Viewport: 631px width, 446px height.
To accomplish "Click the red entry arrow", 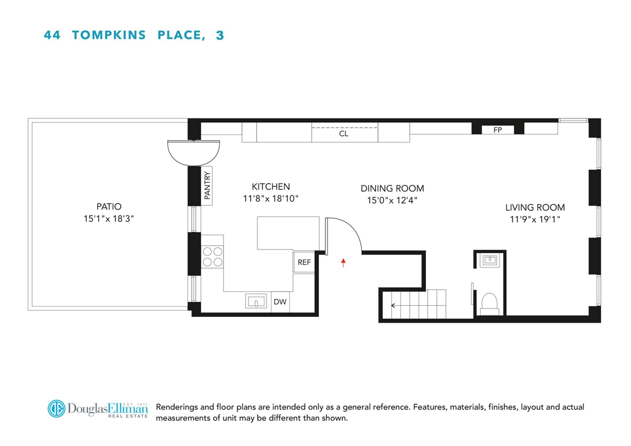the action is tap(343, 263).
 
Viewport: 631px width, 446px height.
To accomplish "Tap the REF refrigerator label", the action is tap(304, 262).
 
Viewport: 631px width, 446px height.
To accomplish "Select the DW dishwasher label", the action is tap(280, 302).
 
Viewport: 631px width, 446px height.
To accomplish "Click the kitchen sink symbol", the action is tap(256, 301).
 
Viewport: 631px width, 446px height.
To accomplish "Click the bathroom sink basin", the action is tap(490, 260).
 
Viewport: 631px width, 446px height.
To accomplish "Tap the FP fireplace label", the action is tap(498, 130).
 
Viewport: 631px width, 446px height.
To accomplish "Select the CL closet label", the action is tap(343, 133).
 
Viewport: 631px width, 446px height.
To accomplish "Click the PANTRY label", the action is tap(207, 186).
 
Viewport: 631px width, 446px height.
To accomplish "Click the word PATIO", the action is tap(109, 206).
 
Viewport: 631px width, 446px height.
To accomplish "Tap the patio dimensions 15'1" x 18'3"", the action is tap(108, 219).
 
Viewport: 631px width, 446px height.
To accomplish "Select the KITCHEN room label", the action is tap(271, 187).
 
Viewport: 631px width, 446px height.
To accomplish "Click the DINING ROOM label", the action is tap(392, 188).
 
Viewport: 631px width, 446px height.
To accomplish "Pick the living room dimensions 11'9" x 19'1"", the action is tap(535, 219).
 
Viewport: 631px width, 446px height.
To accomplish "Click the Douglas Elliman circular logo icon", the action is tap(57, 409).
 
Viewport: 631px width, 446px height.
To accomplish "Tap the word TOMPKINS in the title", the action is tap(109, 35).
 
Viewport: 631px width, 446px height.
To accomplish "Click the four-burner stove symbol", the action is tap(212, 257).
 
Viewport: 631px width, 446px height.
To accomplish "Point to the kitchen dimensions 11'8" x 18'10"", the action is tap(270, 199).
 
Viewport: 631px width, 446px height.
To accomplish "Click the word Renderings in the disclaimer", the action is tap(176, 407).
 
